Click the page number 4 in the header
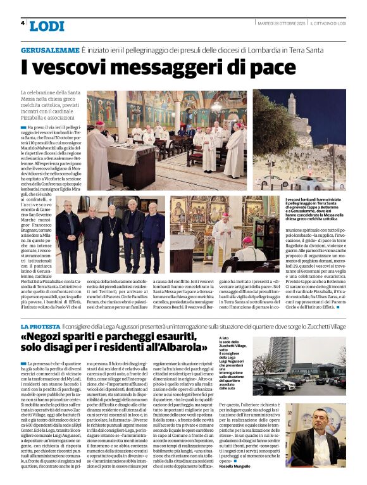(x=23, y=23)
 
